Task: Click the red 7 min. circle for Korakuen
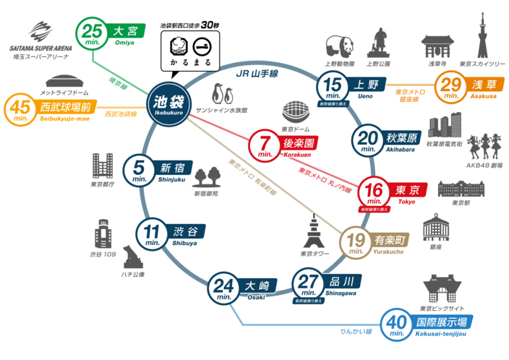tap(263, 145)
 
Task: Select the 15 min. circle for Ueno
tap(333, 87)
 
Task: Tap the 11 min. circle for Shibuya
tap(152, 234)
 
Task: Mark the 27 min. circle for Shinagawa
tap(309, 284)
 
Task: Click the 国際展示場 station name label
tap(444, 322)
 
